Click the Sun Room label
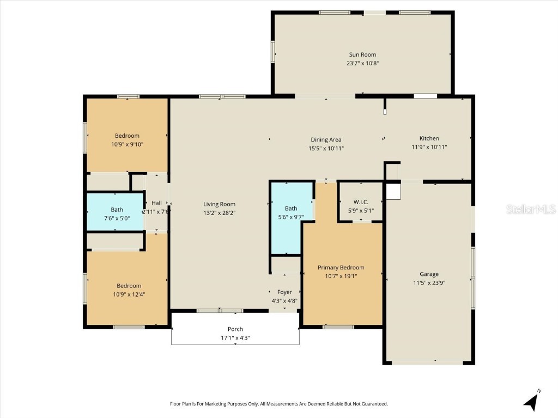[x=362, y=54]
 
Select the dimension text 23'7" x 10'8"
[x=362, y=63]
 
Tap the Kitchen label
[x=429, y=138]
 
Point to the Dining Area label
[x=326, y=140]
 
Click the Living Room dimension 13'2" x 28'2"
[x=219, y=213]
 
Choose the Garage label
[x=429, y=274]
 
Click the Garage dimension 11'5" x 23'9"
[x=429, y=283]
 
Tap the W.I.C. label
[x=361, y=202]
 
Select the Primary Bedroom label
[x=341, y=268]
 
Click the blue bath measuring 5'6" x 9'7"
[x=292, y=218]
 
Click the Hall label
[x=156, y=202]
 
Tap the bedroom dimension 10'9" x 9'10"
[x=127, y=144]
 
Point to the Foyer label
[x=284, y=292]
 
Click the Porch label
[x=235, y=329]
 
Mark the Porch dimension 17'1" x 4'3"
[x=235, y=338]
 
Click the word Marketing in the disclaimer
[x=215, y=404]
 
